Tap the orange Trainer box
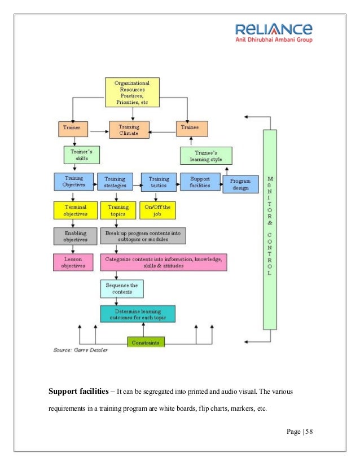click(x=73, y=129)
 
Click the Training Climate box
click(x=129, y=129)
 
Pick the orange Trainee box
click(x=191, y=129)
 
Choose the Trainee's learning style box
click(x=206, y=155)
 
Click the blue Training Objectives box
click(x=73, y=182)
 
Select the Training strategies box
click(x=115, y=182)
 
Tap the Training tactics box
click(x=159, y=182)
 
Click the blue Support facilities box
click(x=200, y=182)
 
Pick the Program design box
click(x=240, y=184)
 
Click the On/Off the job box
click(x=157, y=210)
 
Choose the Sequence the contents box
click(x=122, y=289)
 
